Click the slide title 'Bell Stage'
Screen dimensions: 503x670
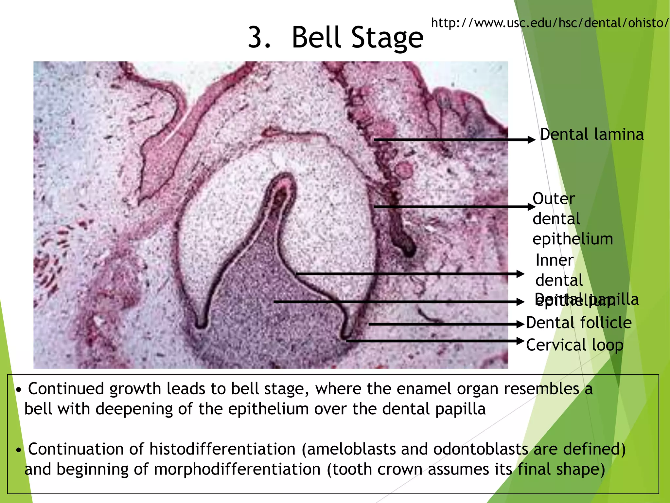357,38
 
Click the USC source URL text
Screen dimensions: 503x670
550,23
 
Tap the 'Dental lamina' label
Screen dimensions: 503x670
591,135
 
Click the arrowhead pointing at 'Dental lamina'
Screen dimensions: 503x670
531,140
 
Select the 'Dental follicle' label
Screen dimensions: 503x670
579,323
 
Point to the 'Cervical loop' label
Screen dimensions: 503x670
574,345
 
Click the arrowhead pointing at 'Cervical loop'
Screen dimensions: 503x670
521,341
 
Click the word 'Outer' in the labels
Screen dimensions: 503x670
554,199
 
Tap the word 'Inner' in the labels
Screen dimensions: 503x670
554,260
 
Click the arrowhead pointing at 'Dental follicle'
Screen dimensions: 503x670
521,324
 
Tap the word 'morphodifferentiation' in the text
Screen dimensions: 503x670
237,469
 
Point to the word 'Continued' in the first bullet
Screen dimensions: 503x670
66,389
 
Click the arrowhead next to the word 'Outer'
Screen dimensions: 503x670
531,207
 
